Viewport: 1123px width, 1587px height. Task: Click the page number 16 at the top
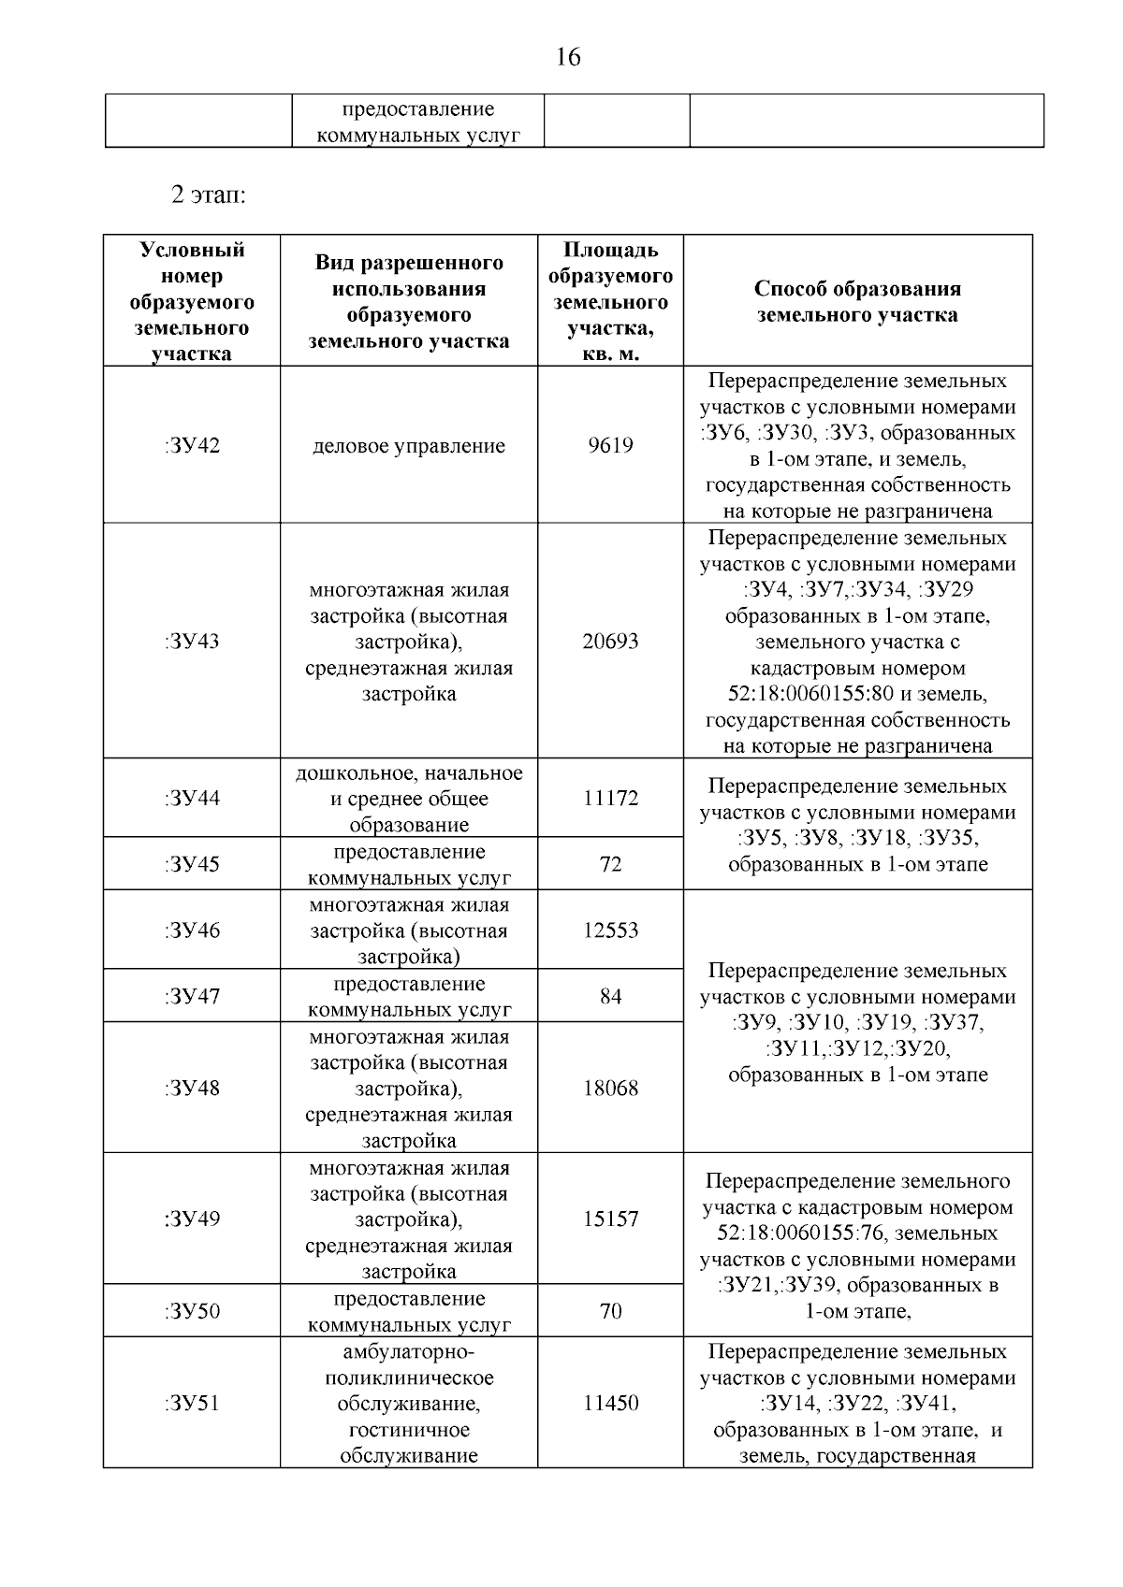[x=568, y=58]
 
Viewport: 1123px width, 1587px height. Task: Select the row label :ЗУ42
[x=192, y=445]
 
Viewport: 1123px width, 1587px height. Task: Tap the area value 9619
[x=610, y=445]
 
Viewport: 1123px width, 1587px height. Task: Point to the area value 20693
[x=610, y=642]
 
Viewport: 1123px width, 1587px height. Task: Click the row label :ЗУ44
[x=192, y=799]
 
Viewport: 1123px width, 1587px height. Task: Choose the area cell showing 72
[x=610, y=864]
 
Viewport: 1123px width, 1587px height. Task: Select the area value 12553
[x=610, y=931]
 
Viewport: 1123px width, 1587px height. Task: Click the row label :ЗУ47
[x=192, y=996]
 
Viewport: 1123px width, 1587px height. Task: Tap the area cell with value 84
[x=610, y=997]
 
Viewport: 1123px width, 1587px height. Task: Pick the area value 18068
[x=610, y=1089]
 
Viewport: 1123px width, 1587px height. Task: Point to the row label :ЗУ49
[x=192, y=1219]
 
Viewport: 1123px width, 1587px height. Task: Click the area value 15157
[x=610, y=1219]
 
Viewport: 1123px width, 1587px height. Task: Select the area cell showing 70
[x=610, y=1311]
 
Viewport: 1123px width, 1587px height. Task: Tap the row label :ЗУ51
[x=192, y=1404]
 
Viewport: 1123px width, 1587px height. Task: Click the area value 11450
[x=610, y=1404]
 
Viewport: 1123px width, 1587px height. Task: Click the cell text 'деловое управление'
[x=409, y=446]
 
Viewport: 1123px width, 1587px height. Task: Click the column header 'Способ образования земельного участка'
[x=857, y=301]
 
